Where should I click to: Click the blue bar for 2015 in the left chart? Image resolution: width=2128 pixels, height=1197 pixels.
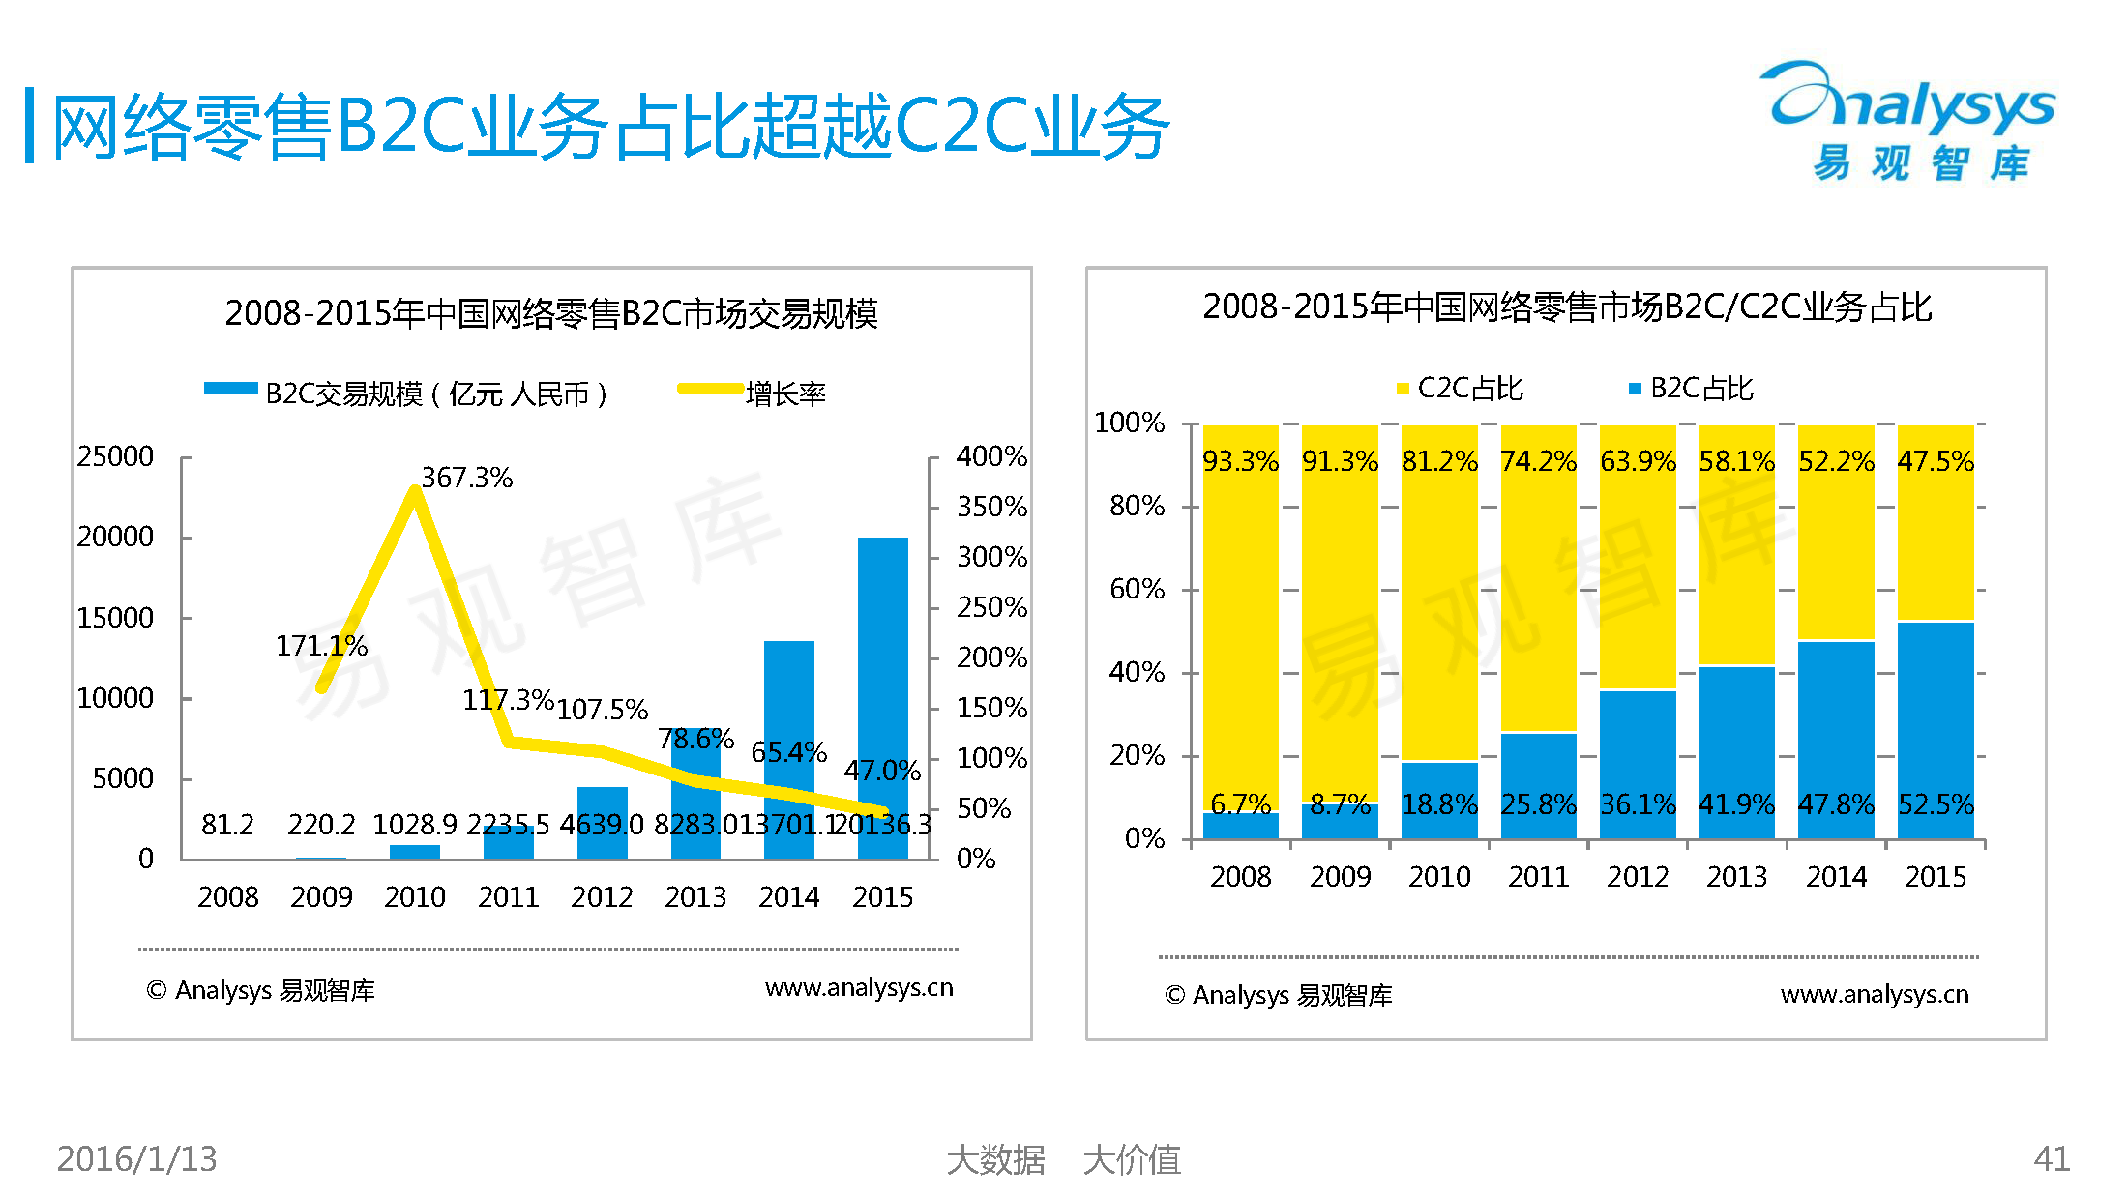click(x=882, y=677)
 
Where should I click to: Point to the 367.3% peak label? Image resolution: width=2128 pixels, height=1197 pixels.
click(x=466, y=478)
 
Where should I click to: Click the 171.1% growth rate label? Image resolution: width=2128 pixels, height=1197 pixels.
click(x=321, y=646)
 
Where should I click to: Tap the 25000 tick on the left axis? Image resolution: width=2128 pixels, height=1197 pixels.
click(x=115, y=456)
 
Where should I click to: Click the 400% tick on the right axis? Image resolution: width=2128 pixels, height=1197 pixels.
click(x=990, y=456)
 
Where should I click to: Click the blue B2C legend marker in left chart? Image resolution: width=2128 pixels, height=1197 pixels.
click(x=230, y=389)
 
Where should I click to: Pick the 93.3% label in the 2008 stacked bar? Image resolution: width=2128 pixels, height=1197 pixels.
click(x=1240, y=461)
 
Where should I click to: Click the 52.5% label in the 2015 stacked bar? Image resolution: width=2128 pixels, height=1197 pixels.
click(x=1935, y=804)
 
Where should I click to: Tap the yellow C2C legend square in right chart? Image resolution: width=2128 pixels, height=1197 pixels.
click(x=1403, y=389)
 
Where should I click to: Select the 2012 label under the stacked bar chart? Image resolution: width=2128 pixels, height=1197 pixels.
click(x=1638, y=877)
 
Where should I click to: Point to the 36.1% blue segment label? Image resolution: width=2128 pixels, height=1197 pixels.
click(x=1638, y=804)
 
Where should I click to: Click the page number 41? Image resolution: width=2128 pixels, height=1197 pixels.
click(x=2051, y=1158)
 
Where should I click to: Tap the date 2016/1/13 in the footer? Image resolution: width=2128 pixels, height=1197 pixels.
click(x=136, y=1158)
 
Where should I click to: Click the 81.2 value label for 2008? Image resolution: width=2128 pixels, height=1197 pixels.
click(x=227, y=825)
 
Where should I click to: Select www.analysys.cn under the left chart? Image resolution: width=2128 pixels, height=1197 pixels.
click(x=858, y=987)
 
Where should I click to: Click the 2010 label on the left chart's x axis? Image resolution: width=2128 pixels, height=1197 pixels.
click(x=414, y=897)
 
